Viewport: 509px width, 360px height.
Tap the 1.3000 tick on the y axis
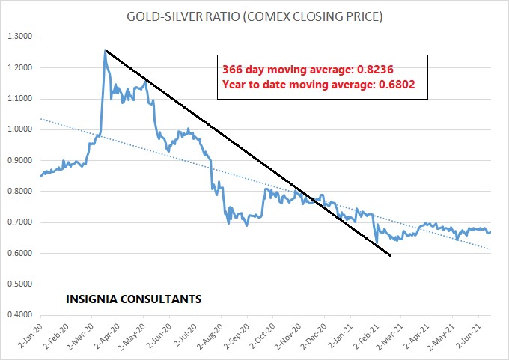(x=22, y=36)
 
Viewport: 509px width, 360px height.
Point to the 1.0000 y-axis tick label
(x=22, y=129)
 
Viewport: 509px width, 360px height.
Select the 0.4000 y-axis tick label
(x=22, y=315)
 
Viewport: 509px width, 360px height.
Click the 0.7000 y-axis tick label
(x=22, y=222)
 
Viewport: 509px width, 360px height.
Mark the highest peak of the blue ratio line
(x=106, y=50)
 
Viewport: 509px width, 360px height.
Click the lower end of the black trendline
(x=391, y=256)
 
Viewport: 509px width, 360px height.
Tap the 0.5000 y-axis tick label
(x=22, y=284)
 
